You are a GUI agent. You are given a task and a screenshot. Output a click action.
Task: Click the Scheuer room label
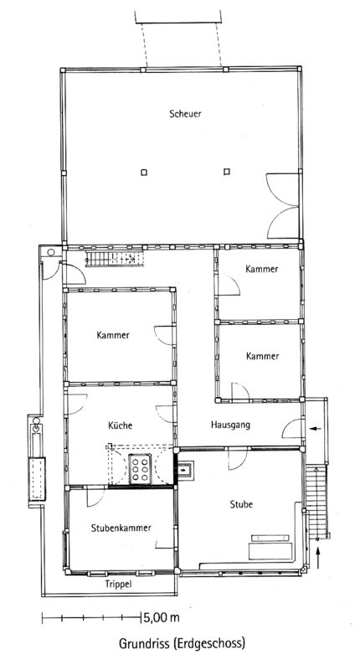(x=185, y=114)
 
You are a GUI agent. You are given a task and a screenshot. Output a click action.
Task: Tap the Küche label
(x=120, y=425)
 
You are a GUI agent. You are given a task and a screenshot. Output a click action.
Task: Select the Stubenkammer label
(x=121, y=528)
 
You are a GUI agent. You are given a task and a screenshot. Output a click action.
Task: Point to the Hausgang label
(x=230, y=425)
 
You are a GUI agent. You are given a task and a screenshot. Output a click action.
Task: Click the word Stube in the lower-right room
(x=241, y=504)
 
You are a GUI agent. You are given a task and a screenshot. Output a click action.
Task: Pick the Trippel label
(x=118, y=584)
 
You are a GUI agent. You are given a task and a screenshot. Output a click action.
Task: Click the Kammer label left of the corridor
(x=113, y=335)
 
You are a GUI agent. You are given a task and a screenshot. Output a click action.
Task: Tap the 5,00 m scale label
(x=162, y=617)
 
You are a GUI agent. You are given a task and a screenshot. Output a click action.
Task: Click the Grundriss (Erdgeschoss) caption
(x=182, y=643)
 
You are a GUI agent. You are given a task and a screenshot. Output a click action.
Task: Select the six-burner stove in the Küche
(x=140, y=469)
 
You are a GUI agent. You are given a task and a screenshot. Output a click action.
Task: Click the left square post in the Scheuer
(x=144, y=173)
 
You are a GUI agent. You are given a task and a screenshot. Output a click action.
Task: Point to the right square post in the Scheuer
(x=227, y=172)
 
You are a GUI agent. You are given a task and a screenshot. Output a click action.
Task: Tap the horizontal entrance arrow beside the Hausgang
(x=316, y=428)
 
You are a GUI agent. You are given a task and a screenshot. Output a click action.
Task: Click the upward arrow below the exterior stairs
(x=318, y=558)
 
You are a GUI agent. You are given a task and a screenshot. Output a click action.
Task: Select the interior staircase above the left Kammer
(x=114, y=259)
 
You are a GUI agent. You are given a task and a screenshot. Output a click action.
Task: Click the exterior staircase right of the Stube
(x=316, y=501)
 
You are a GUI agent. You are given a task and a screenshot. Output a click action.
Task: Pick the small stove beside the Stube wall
(x=186, y=470)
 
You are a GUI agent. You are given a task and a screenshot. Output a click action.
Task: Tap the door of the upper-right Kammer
(x=229, y=286)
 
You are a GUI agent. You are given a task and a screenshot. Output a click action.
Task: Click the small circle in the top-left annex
(x=51, y=253)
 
